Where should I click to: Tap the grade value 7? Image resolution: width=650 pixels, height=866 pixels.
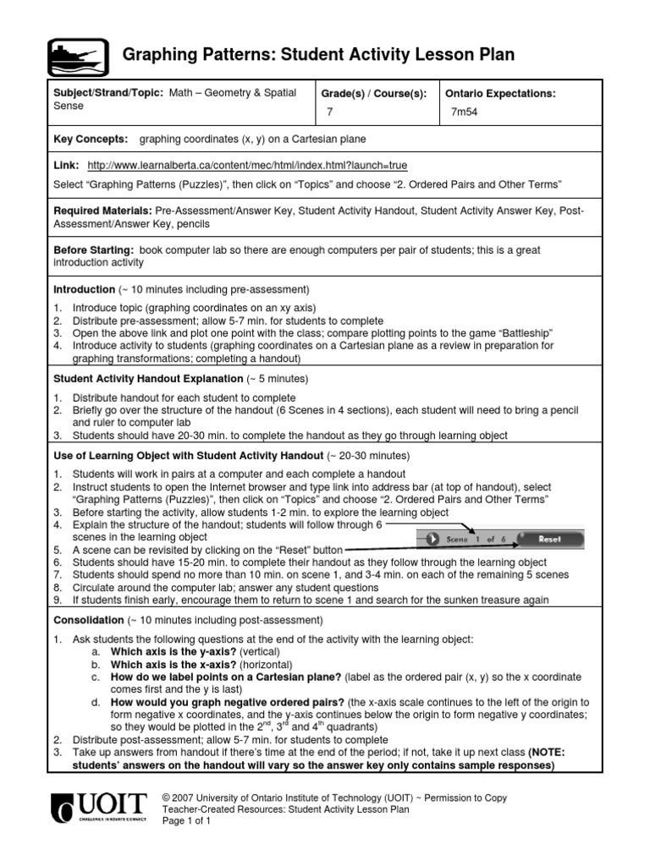click(330, 112)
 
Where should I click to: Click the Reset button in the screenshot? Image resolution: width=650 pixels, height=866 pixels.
click(549, 539)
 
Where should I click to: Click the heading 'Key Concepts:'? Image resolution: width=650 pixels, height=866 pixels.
click(91, 139)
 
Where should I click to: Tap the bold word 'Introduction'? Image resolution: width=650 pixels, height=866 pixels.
click(84, 289)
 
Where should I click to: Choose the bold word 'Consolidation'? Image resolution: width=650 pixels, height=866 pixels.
click(88, 619)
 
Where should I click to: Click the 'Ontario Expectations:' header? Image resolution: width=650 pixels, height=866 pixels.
click(500, 94)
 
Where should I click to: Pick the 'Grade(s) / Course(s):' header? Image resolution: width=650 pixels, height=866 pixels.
click(372, 94)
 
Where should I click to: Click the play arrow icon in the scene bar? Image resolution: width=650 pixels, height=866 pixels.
click(432, 539)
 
